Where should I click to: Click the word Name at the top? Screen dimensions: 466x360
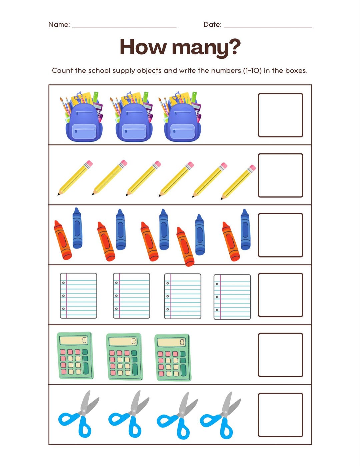point(58,24)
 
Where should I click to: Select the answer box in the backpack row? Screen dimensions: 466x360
point(280,115)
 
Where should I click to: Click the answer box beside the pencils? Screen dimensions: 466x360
point(280,175)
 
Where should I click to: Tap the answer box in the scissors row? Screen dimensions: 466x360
point(280,415)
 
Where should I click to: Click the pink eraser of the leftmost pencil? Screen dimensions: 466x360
point(89,164)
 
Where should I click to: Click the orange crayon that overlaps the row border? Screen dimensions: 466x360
point(185,247)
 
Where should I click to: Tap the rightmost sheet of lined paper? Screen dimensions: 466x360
point(232,297)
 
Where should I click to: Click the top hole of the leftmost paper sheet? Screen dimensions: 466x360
point(63,283)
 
